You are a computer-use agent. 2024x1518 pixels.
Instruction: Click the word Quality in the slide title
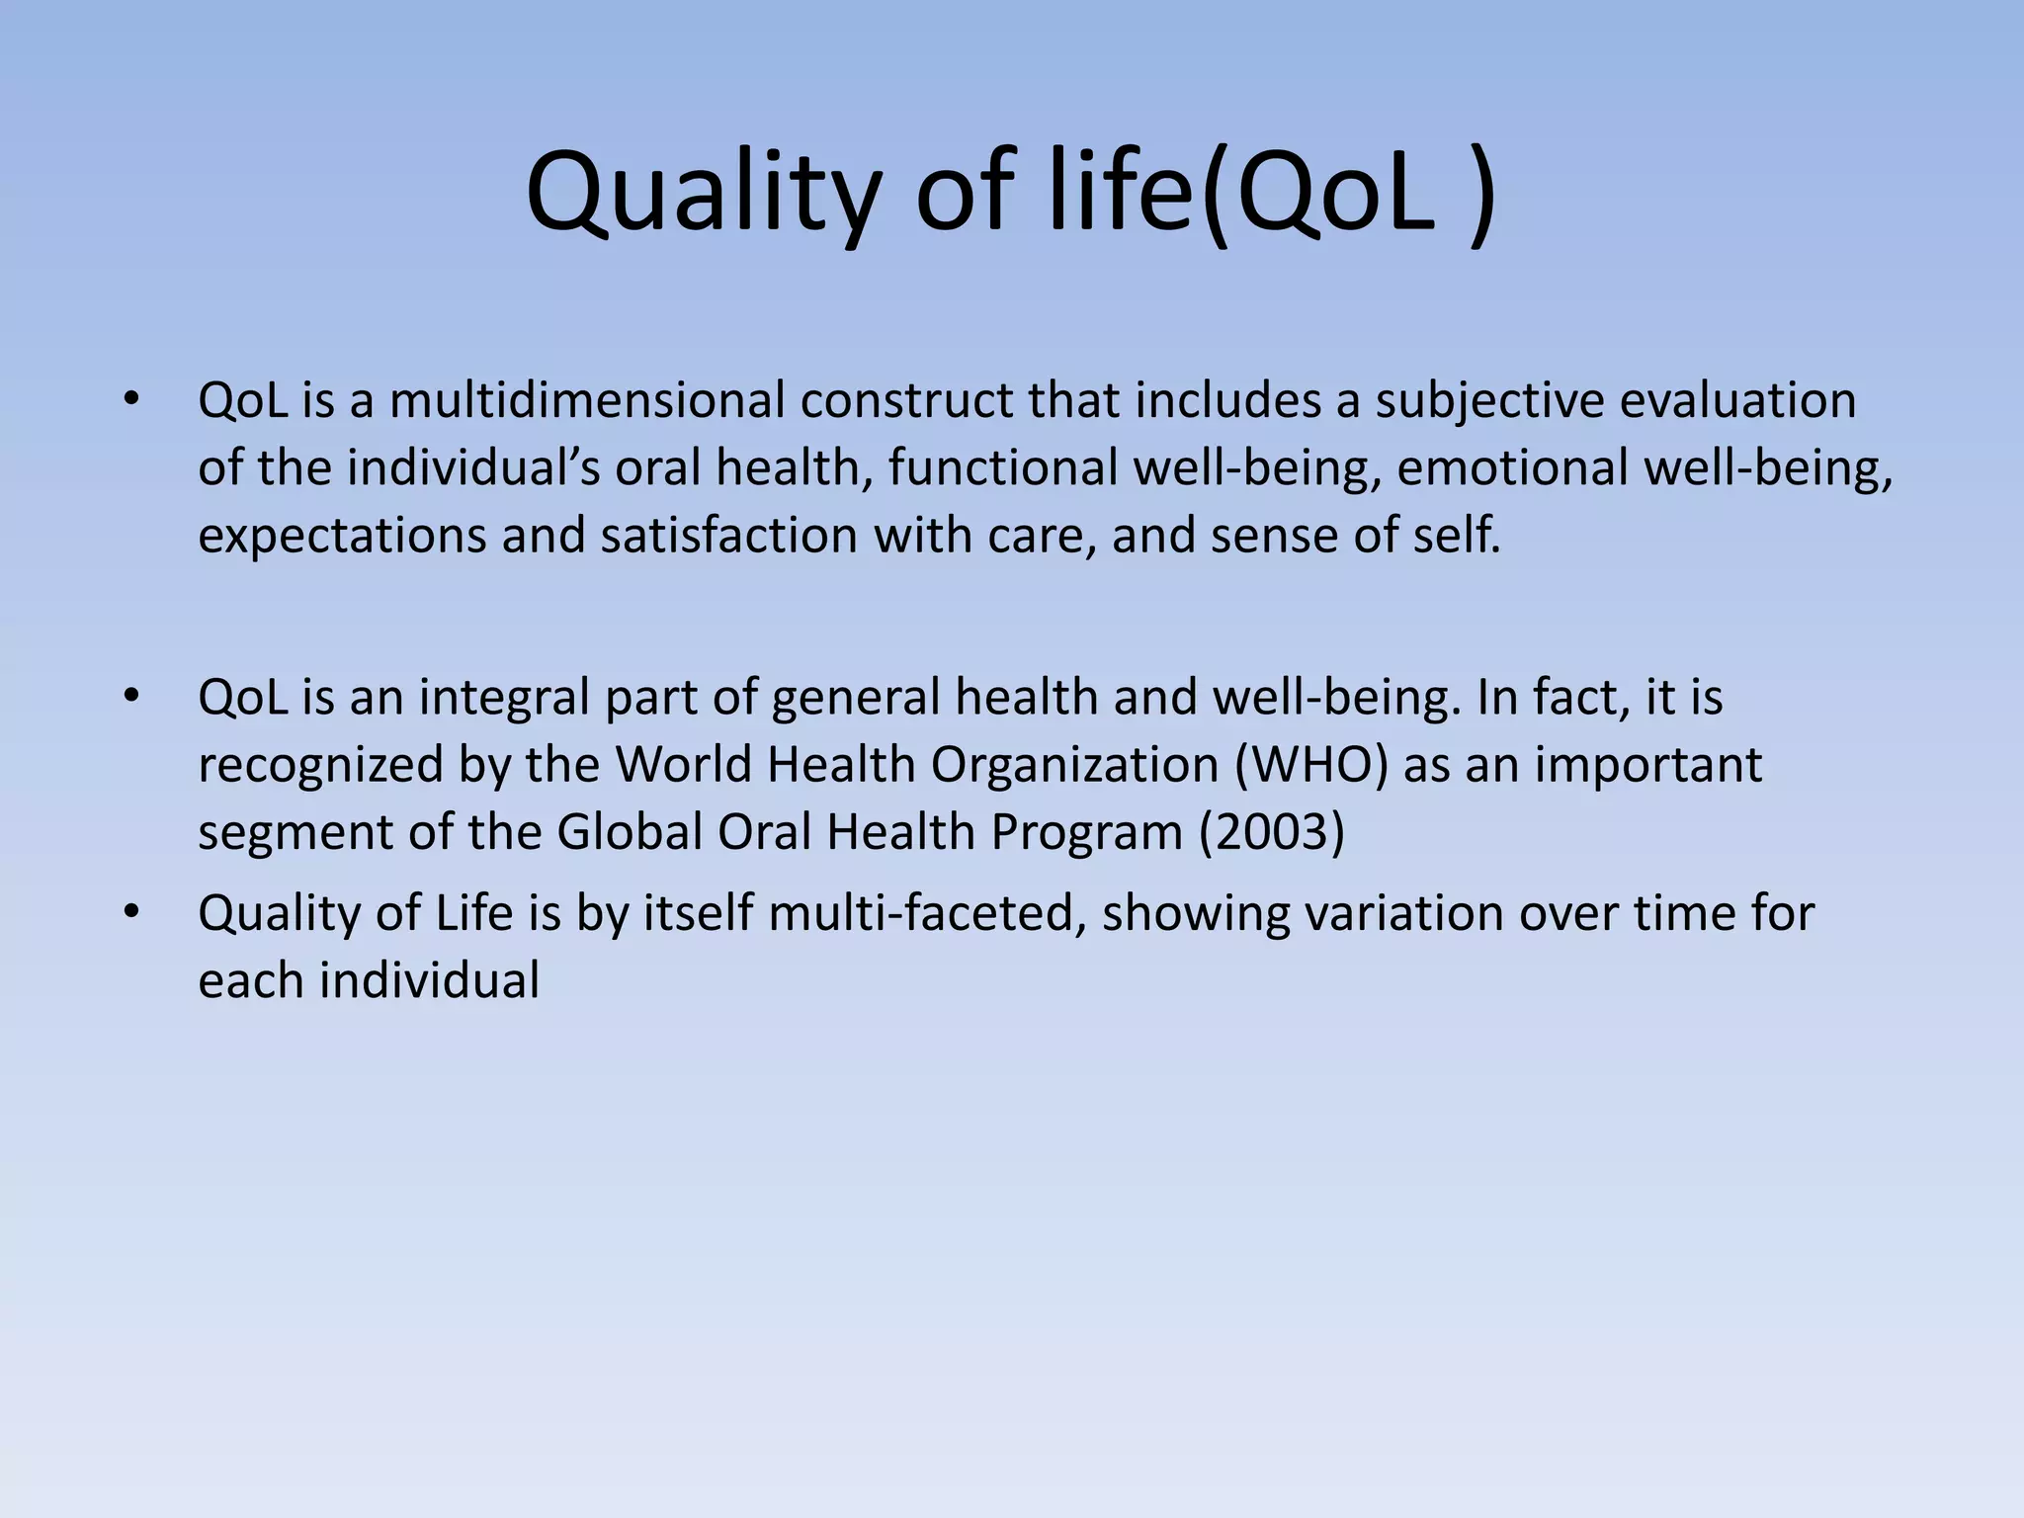[x=702, y=193]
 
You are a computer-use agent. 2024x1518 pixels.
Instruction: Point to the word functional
[x=1002, y=467]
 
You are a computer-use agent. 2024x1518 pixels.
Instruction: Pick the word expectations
[x=342, y=536]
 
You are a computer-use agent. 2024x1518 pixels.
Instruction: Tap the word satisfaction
[x=728, y=536]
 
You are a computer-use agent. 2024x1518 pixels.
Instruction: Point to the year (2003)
[x=1272, y=832]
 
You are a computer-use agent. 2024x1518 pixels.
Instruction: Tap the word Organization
[x=1074, y=765]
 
